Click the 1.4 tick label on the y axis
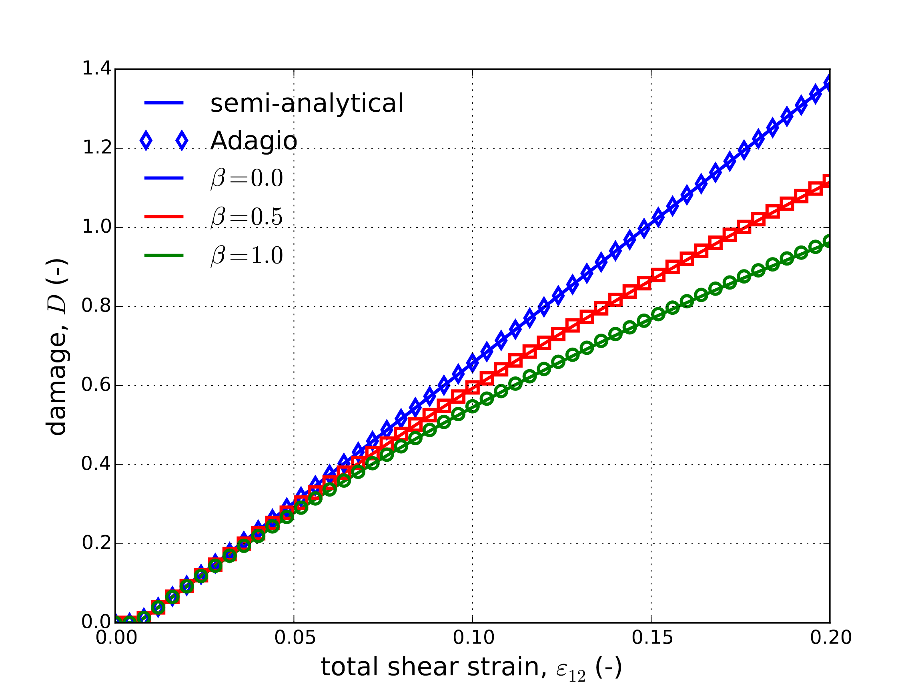point(96,69)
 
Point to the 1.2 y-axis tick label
point(96,148)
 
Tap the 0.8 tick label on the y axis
point(96,306)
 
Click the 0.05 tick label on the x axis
point(295,638)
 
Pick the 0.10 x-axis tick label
point(473,638)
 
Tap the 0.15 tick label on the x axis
point(652,638)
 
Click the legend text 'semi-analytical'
point(307,103)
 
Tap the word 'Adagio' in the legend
point(254,141)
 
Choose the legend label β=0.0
point(247,179)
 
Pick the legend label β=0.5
point(247,217)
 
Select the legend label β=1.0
point(247,255)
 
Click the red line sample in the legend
point(164,217)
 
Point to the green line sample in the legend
point(164,255)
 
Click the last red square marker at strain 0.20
point(829,181)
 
